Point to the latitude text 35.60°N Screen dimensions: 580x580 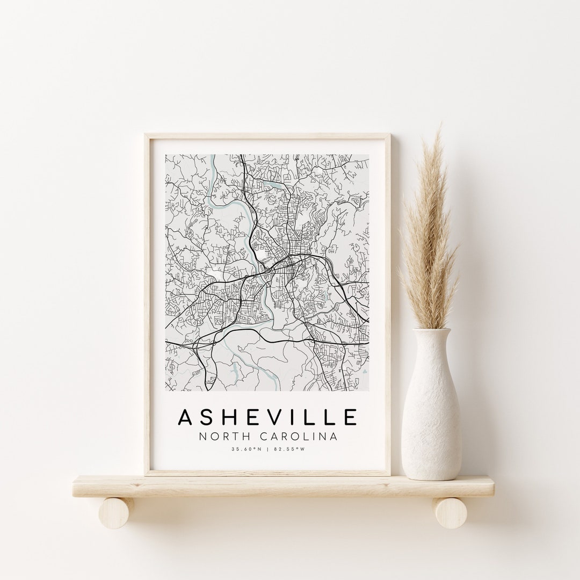pos(245,450)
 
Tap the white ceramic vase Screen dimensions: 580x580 pos(431,414)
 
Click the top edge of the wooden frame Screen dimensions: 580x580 pos(268,136)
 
